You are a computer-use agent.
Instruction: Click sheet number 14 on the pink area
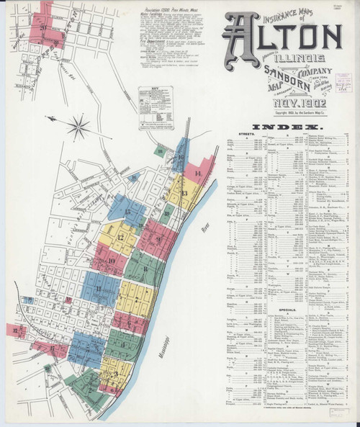pos(197,174)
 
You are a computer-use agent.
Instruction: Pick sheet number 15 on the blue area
pos(127,212)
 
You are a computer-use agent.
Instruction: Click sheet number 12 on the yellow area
pos(120,238)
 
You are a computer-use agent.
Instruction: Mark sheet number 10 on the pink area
pos(112,261)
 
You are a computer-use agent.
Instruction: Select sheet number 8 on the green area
pos(145,270)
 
